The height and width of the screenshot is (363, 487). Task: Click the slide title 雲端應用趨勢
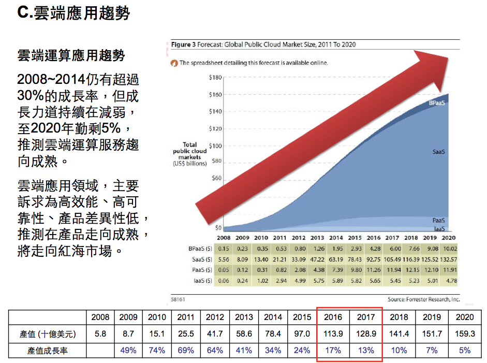[73, 13]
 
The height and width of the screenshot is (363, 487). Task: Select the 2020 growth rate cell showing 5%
[464, 351]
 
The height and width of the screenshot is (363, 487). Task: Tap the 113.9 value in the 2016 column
[333, 334]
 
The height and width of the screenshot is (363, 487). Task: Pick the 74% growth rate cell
[157, 351]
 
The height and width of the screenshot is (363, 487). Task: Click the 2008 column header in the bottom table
[100, 317]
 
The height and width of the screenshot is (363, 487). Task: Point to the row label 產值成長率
[48, 351]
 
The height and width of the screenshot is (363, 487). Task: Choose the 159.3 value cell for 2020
[464, 334]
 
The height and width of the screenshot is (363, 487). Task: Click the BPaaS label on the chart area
[437, 103]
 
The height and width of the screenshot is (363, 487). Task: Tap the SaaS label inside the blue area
[439, 152]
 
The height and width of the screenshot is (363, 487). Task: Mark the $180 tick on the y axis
[215, 78]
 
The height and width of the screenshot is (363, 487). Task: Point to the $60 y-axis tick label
[216, 178]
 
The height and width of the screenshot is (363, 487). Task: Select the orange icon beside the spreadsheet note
[174, 63]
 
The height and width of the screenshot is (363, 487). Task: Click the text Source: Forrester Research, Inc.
[423, 299]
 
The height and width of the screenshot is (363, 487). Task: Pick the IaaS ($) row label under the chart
[201, 281]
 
